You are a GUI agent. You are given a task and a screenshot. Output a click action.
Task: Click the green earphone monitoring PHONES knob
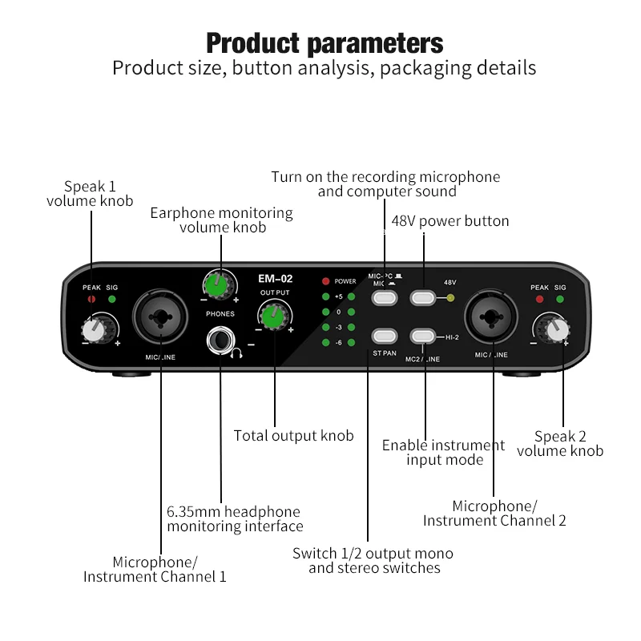pyautogui.click(x=218, y=284)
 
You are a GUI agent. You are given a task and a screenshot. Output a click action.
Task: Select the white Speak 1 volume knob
pyautogui.click(x=95, y=327)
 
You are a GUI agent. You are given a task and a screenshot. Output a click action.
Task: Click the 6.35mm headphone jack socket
pyautogui.click(x=219, y=341)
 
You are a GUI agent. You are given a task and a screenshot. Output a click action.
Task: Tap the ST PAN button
pyautogui.click(x=385, y=337)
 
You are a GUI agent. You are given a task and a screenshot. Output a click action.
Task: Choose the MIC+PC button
pyautogui.click(x=385, y=298)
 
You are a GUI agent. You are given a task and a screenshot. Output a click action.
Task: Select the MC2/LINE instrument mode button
pyautogui.click(x=425, y=337)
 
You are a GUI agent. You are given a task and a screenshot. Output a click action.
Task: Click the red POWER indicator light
pyautogui.click(x=325, y=281)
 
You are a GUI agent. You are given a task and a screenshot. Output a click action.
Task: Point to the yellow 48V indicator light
pyautogui.click(x=450, y=298)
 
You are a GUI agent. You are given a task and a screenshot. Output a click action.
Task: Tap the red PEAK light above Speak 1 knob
pyautogui.click(x=91, y=299)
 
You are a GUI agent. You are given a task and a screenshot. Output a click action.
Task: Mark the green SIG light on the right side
pyautogui.click(x=559, y=299)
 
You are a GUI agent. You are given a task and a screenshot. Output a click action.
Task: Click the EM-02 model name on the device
pyautogui.click(x=275, y=279)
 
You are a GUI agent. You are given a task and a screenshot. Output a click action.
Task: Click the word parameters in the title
pyautogui.click(x=375, y=42)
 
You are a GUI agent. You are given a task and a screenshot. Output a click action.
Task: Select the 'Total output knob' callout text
pyautogui.click(x=293, y=436)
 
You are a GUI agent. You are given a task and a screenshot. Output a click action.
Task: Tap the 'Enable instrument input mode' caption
pyautogui.click(x=444, y=452)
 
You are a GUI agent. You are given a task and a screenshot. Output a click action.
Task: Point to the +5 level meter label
pyautogui.click(x=339, y=297)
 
